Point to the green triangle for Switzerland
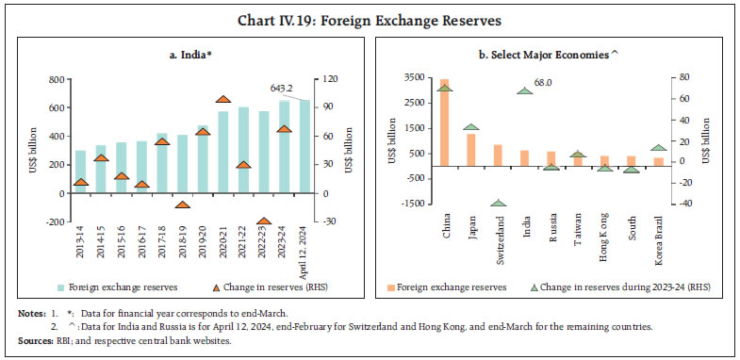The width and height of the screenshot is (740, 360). coord(499,203)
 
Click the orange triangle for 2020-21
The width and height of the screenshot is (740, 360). coord(223,99)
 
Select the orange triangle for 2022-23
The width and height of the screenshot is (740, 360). coord(264,221)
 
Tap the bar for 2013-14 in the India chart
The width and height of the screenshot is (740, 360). coord(81,171)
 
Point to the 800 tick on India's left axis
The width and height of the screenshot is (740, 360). coord(55,79)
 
